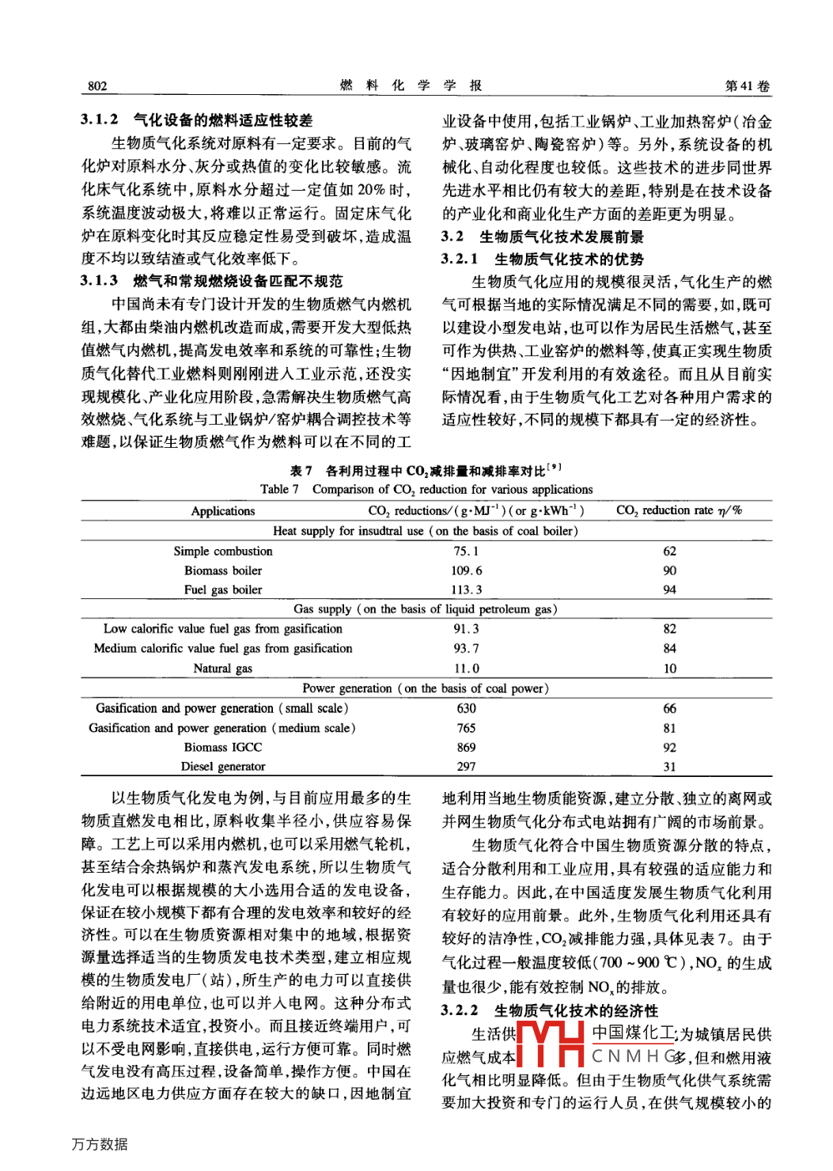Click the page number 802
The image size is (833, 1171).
[97, 86]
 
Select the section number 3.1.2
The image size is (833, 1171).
[100, 119]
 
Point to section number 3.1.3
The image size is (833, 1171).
[100, 281]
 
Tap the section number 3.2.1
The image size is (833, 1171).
[460, 259]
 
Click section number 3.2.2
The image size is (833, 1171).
[460, 1010]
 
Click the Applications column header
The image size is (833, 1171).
[223, 511]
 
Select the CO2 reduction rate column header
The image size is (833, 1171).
[679, 510]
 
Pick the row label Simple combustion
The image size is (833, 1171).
[223, 551]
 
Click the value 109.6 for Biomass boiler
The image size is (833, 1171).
[467, 570]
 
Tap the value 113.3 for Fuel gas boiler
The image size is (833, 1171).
[467, 589]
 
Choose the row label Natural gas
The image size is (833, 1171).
[223, 669]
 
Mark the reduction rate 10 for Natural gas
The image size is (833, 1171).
[670, 669]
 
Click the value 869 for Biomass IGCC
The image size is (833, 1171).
[467, 747]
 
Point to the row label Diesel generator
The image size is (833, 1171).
[223, 766]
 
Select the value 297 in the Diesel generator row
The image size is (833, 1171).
[467, 766]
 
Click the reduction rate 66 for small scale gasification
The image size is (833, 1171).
[670, 708]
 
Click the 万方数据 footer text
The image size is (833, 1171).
[100, 1144]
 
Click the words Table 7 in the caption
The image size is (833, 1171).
[279, 490]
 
